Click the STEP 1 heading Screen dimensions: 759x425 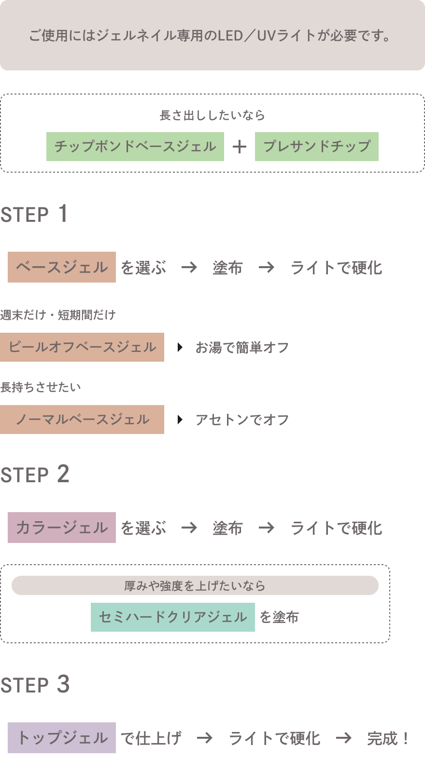click(x=34, y=215)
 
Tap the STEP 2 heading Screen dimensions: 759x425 click(x=35, y=474)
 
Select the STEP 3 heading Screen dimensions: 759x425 click(x=35, y=685)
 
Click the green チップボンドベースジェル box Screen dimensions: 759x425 click(x=135, y=147)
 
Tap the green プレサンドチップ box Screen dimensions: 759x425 click(x=317, y=147)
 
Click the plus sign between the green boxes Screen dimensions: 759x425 click(x=240, y=147)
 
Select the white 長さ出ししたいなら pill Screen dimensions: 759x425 click(x=212, y=115)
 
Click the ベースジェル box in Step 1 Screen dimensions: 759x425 click(x=62, y=267)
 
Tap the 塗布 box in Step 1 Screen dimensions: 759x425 click(x=228, y=267)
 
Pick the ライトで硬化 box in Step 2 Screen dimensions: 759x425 click(x=336, y=528)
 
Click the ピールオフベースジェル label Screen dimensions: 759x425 click(x=82, y=347)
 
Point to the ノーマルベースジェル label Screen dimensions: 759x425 click(x=82, y=420)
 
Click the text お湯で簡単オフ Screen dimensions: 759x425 click(x=242, y=347)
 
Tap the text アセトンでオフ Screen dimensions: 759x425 click(x=242, y=420)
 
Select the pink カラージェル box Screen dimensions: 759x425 click(x=62, y=528)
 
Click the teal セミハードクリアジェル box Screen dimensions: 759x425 click(x=173, y=617)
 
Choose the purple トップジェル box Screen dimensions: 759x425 click(x=62, y=738)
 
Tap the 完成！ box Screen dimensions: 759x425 click(x=390, y=738)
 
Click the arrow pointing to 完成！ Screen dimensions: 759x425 click(x=344, y=738)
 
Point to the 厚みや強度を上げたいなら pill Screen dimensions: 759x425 click(x=195, y=585)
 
